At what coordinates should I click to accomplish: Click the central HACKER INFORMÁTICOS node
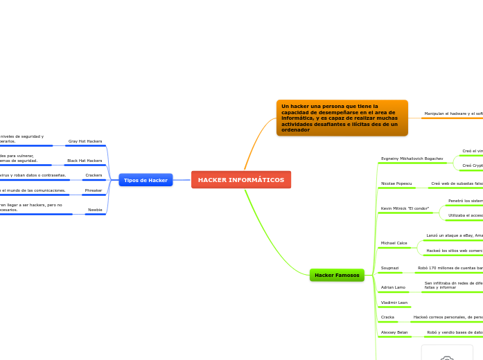(x=241, y=180)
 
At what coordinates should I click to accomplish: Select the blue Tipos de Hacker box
(x=146, y=180)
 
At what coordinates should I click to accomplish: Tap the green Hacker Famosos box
(x=337, y=275)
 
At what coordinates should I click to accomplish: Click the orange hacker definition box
(x=342, y=118)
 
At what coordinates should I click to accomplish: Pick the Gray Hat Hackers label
(x=85, y=141)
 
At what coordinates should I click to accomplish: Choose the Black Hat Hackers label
(x=85, y=161)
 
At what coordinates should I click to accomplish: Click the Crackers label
(x=94, y=175)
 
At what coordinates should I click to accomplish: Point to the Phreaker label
(x=94, y=190)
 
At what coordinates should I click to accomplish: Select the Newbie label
(x=95, y=209)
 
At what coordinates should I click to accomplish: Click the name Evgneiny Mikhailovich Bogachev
(x=412, y=159)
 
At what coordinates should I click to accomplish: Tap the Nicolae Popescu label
(x=396, y=183)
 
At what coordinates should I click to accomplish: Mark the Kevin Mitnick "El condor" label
(x=405, y=208)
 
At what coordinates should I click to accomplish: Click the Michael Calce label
(x=394, y=243)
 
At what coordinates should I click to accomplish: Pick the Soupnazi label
(x=390, y=267)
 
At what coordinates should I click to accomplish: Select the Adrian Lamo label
(x=394, y=287)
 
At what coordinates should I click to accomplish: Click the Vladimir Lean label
(x=394, y=303)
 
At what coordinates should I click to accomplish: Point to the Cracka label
(x=388, y=317)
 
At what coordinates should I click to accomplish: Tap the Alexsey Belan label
(x=394, y=332)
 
